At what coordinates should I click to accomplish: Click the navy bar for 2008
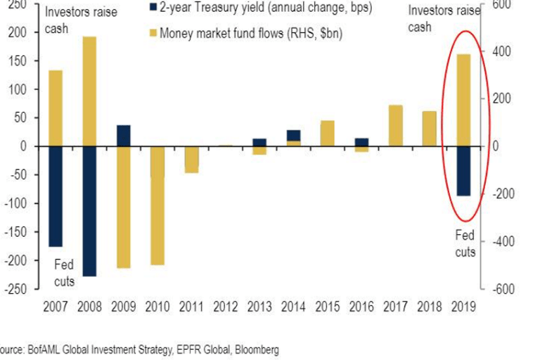89,211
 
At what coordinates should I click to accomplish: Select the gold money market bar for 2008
89,91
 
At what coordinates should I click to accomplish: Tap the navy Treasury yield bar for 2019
463,172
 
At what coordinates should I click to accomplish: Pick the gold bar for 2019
463,101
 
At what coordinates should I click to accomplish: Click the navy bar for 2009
124,136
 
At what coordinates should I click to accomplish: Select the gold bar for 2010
157,206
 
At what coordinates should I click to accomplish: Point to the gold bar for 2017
396,126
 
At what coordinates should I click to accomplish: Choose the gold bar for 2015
328,134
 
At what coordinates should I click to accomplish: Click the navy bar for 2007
56,196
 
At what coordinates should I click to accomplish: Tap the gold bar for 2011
191,160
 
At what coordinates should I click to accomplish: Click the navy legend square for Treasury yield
153,6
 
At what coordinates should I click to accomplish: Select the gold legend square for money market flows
153,33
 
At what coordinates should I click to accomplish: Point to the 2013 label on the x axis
259,307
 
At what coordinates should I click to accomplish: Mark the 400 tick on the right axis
502,51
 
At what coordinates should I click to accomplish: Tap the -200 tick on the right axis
503,194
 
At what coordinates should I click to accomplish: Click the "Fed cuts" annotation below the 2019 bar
465,243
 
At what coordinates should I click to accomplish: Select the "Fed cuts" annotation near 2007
64,273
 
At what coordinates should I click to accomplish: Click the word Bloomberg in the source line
257,349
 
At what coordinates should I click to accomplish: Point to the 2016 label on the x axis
361,307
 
